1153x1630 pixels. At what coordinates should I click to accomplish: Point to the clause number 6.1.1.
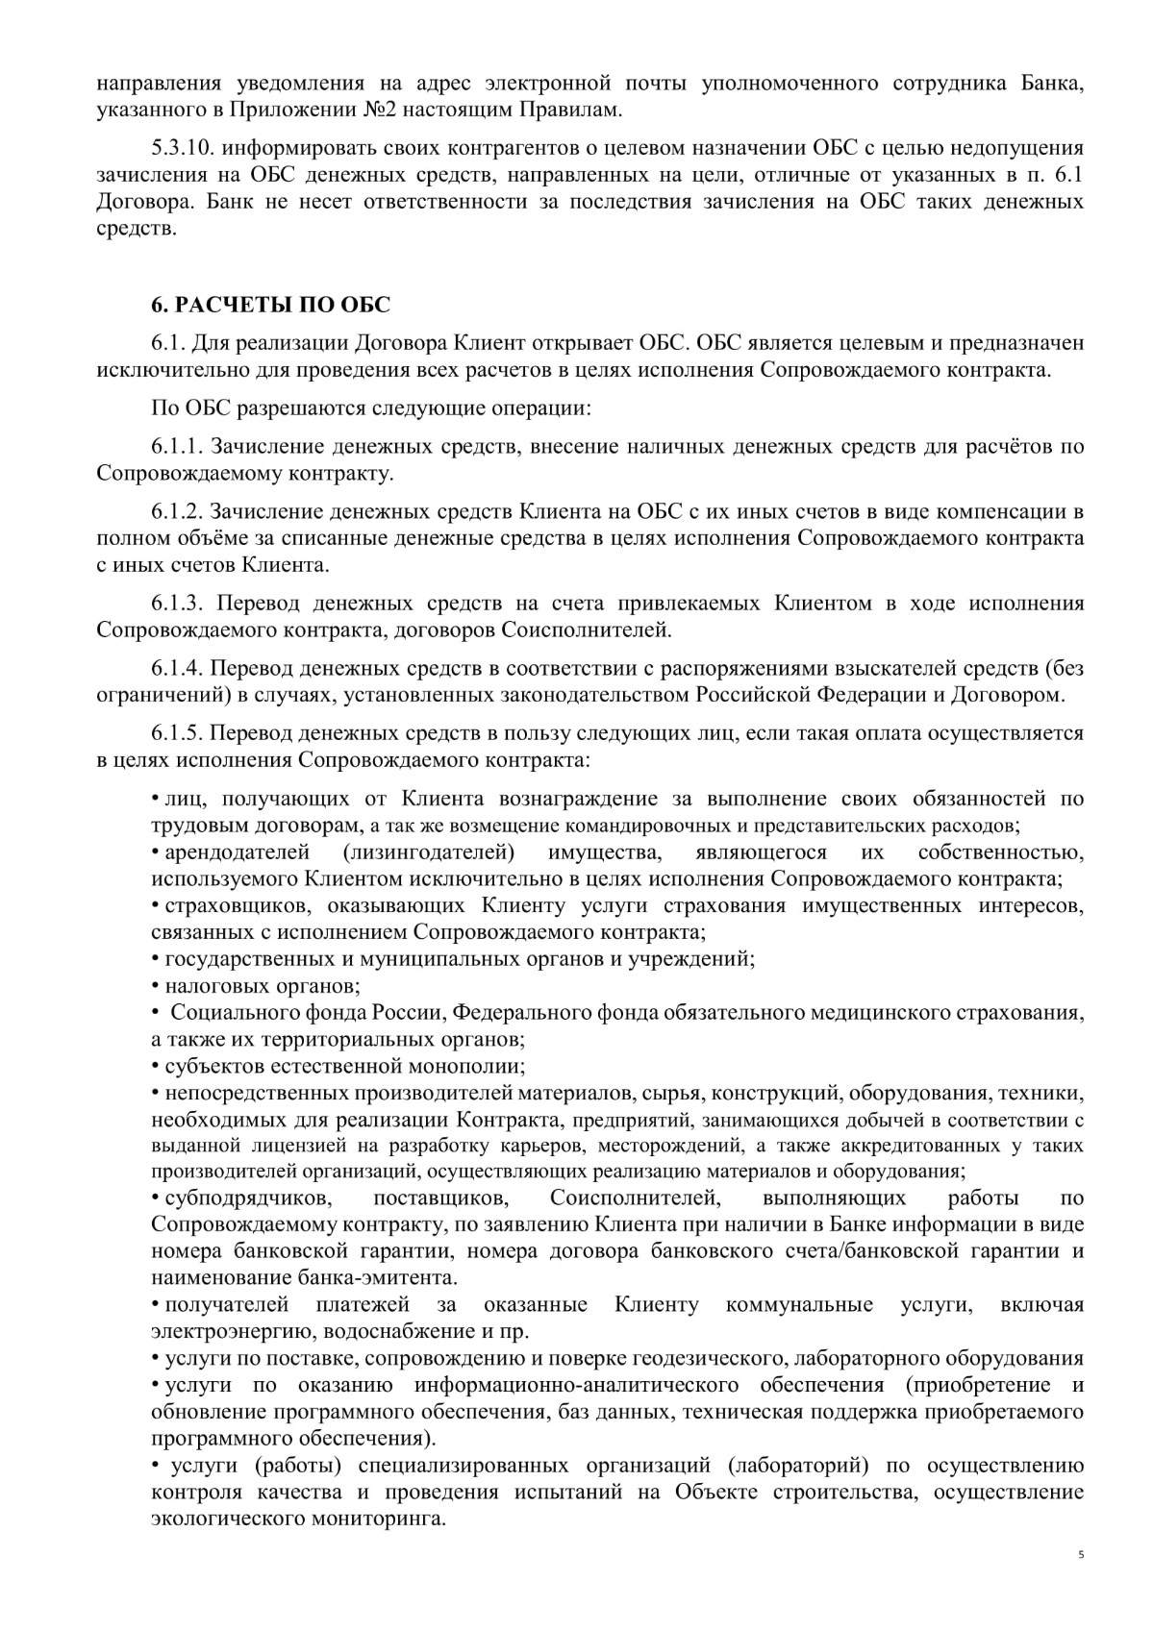coord(176,447)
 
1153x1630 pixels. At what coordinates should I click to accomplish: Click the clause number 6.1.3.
coord(176,604)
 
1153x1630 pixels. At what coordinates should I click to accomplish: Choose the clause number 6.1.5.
coord(176,733)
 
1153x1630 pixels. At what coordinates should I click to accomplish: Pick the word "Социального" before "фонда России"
coord(226,1013)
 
